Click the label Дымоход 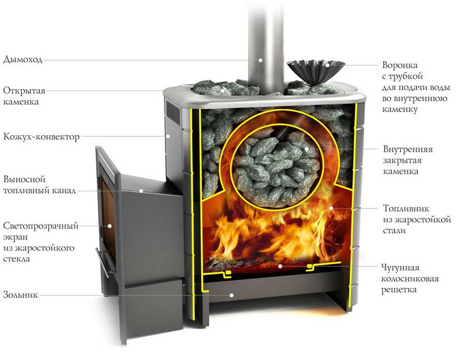click(23, 59)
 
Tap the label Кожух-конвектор click(41, 137)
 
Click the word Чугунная click(402, 267)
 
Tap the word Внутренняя click(407, 150)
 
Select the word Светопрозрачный click(41, 226)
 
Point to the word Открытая click(24, 91)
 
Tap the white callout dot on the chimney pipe click(260, 59)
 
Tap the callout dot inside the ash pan click(231, 294)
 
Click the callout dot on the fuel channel click(142, 191)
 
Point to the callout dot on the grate click(280, 265)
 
